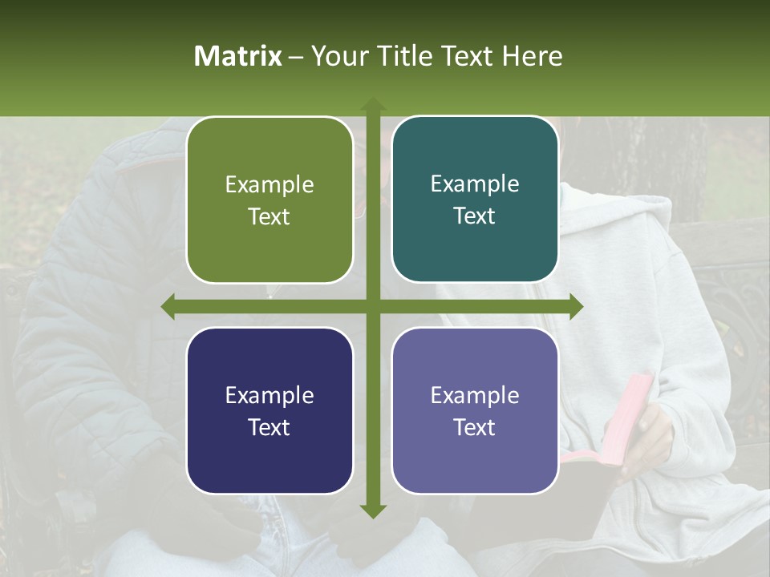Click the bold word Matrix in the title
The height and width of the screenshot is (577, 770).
[238, 56]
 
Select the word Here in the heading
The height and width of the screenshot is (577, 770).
[532, 56]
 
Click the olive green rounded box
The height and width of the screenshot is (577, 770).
[269, 200]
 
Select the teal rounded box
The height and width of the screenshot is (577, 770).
[475, 200]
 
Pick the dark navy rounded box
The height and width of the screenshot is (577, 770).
[269, 410]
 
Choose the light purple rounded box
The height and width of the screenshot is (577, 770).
[475, 410]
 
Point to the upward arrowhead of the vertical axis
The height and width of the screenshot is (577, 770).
[372, 104]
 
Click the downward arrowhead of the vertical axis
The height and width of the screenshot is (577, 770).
[372, 510]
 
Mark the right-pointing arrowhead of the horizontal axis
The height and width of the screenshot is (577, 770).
[576, 307]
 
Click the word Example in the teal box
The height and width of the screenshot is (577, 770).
[475, 184]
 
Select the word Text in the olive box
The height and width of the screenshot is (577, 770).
[269, 217]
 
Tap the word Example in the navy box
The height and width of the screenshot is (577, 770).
[269, 395]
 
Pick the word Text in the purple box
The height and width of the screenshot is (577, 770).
[475, 427]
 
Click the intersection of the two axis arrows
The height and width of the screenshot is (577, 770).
[372, 307]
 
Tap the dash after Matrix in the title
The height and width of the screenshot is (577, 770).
[296, 56]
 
